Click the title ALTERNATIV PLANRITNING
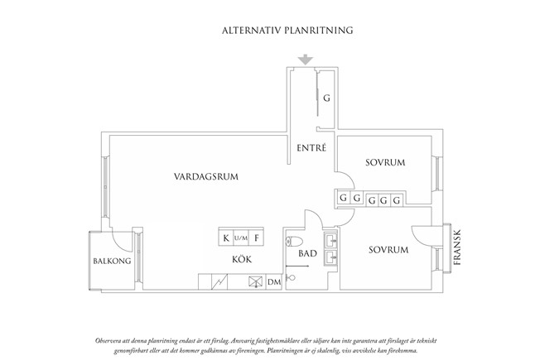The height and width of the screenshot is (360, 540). coord(287,31)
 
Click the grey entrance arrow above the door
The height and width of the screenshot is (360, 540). coord(306,60)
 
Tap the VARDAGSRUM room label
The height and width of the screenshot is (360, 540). coord(206,177)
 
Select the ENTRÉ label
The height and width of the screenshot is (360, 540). coord(311,147)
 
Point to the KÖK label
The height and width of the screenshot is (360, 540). coord(242,259)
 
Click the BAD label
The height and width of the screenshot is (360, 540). coord(307,253)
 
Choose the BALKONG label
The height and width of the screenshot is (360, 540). coord(112,261)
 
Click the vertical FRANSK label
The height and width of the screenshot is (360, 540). coord(457,247)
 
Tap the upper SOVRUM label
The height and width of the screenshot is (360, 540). coord(385,162)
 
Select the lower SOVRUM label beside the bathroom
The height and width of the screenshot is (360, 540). coord(388,250)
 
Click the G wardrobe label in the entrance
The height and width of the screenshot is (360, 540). coord(326,98)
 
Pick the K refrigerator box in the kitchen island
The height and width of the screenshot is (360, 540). coord(226,238)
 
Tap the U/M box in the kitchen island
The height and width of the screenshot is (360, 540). coord(241,238)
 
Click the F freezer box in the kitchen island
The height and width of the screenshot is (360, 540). coord(256,238)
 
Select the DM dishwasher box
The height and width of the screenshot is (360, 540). coord(274,282)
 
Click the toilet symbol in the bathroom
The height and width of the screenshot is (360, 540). coord(294,242)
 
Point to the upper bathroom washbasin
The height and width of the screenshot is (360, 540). coord(331,239)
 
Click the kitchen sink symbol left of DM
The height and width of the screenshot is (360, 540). coord(255,282)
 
